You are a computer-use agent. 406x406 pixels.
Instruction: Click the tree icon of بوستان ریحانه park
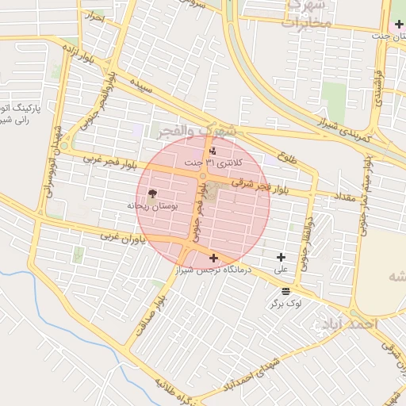[x=152, y=193]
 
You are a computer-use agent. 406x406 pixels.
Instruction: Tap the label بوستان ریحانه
[x=152, y=205]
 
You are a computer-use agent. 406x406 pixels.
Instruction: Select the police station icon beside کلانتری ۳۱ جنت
[x=212, y=151]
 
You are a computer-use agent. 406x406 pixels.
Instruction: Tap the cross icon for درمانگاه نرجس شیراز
[x=213, y=258]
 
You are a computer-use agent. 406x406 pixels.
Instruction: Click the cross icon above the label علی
[x=281, y=256]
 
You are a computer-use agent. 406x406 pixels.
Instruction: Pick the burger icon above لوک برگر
[x=285, y=291]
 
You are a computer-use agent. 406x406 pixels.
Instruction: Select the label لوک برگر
[x=285, y=303]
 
